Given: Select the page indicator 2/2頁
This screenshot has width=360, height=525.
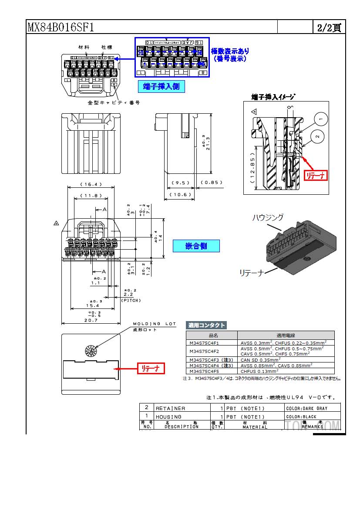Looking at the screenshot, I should [x=329, y=27].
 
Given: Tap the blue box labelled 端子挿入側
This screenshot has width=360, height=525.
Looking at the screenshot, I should [x=161, y=86].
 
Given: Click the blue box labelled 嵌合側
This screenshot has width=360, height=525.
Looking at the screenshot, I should [x=196, y=246].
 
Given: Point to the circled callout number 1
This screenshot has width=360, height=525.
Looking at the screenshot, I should [x=320, y=119].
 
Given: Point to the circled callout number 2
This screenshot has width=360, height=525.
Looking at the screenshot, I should [x=317, y=137].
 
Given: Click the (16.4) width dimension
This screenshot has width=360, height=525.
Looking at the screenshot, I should [x=91, y=184].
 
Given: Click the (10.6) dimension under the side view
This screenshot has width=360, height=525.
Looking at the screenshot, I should [x=179, y=194].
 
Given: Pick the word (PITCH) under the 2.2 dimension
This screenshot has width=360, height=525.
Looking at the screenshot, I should [x=131, y=301].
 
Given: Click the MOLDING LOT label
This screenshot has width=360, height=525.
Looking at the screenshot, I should [x=154, y=324].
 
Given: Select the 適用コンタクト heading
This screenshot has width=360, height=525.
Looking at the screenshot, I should [x=206, y=325].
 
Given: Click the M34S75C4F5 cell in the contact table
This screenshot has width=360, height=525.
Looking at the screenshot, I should [x=204, y=371].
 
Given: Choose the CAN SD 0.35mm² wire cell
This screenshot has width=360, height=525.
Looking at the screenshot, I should [x=261, y=360].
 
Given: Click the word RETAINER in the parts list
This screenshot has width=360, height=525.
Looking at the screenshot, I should [x=170, y=408].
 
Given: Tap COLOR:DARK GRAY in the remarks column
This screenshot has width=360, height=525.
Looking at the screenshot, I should [x=306, y=408].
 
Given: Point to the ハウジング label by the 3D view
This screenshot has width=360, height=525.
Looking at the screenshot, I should [x=268, y=217].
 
